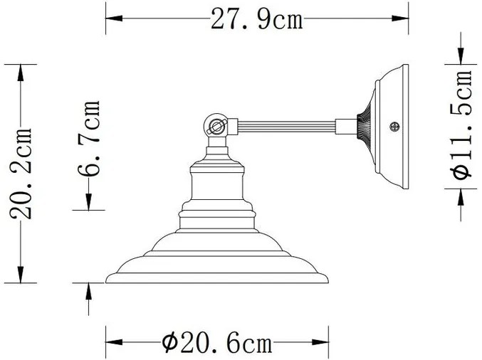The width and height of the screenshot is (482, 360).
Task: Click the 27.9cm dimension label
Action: click(x=257, y=20)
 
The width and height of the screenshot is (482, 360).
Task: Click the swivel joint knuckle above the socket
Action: click(x=215, y=127)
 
